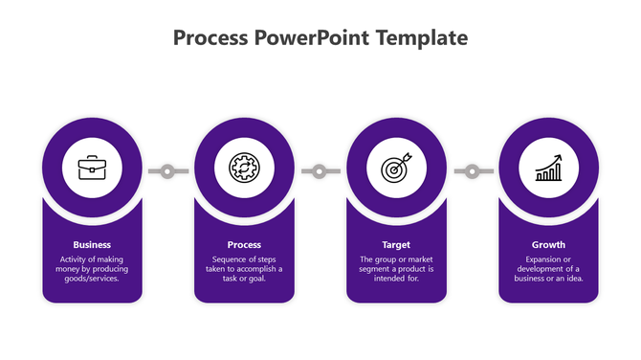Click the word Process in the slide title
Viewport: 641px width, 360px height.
[x=211, y=38]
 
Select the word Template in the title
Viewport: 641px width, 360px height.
[x=422, y=38]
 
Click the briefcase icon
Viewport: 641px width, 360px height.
[x=92, y=169]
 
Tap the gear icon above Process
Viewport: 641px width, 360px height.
[x=244, y=169]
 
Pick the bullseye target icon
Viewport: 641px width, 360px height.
[x=396, y=169]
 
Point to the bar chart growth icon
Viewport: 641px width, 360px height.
[x=548, y=169]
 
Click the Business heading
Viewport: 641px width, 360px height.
[x=92, y=244]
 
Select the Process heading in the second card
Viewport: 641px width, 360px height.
[x=244, y=244]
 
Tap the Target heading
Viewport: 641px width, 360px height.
[x=396, y=244]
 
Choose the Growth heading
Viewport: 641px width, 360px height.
[x=548, y=244]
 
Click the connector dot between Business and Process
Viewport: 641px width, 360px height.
[x=167, y=171]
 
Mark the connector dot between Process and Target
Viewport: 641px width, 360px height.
[x=320, y=171]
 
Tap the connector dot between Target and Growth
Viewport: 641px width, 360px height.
[x=472, y=171]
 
